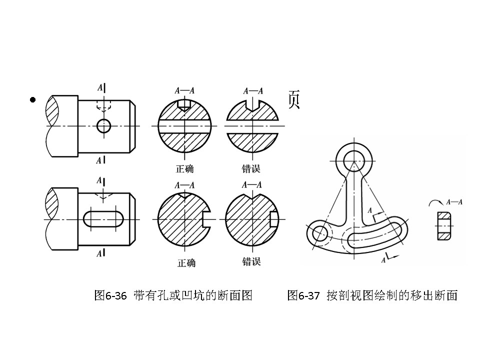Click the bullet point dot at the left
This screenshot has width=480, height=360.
[x=33, y=100]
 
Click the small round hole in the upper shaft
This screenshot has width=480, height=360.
[x=103, y=126]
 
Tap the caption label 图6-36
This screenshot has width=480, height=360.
[x=110, y=295]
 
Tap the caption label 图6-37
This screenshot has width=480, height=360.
[x=303, y=295]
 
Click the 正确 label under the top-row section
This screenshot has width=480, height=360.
[x=184, y=168]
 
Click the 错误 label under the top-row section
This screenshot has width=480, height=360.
[x=251, y=168]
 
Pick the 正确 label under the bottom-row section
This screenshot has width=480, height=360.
[x=186, y=262]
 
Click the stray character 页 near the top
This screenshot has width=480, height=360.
[x=293, y=100]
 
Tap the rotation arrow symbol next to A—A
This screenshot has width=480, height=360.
[x=435, y=202]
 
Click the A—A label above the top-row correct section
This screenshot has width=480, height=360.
[x=184, y=91]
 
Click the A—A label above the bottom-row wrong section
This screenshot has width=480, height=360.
[x=251, y=185]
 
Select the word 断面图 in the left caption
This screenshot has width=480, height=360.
[x=235, y=295]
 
